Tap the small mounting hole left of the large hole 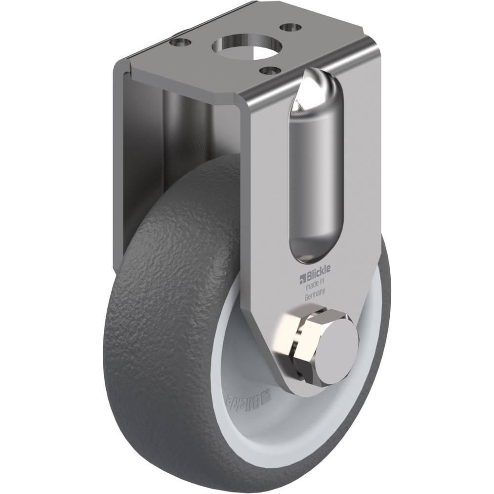[180, 42]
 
